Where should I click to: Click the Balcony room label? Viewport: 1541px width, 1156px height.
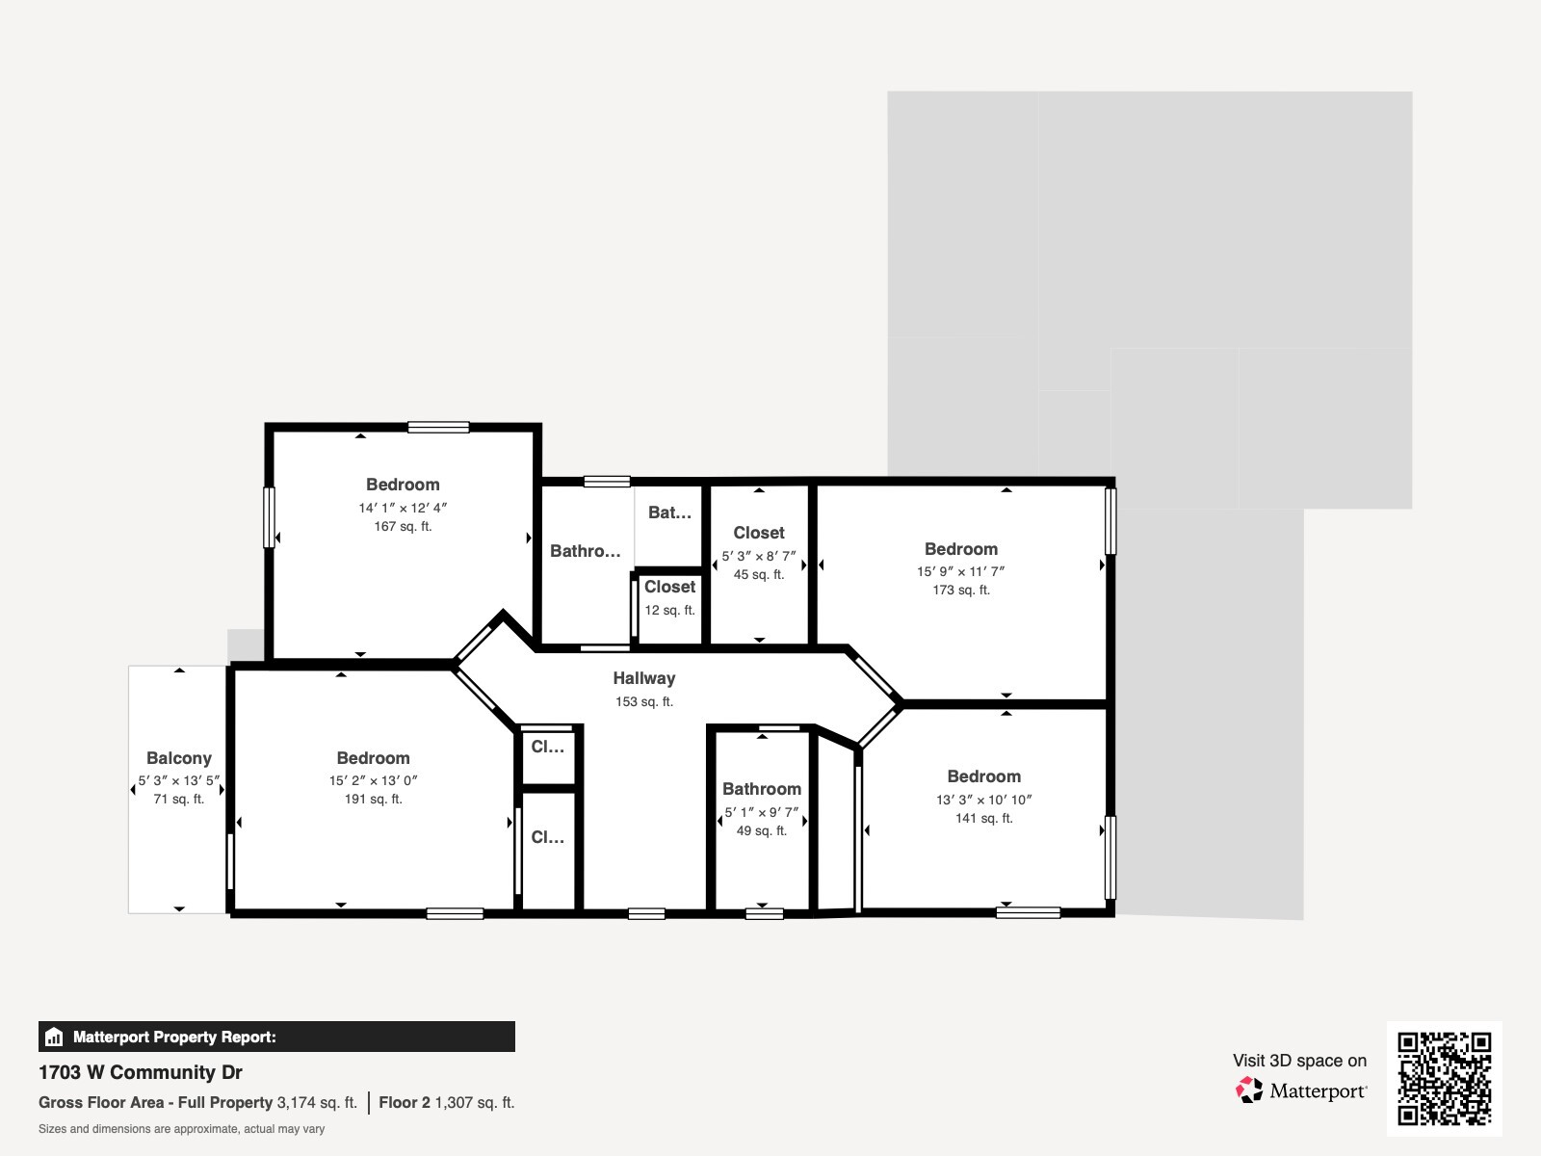point(178,758)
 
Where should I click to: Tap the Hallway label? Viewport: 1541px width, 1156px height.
point(643,678)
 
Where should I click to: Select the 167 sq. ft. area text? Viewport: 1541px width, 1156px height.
point(403,527)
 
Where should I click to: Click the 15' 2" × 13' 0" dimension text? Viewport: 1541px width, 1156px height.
point(373,781)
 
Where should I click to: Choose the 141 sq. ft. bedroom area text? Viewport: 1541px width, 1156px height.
point(983,819)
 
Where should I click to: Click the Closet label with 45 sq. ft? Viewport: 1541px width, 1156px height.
point(758,533)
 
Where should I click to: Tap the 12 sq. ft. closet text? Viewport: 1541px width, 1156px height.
point(669,611)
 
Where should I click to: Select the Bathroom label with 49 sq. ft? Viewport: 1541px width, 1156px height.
point(761,789)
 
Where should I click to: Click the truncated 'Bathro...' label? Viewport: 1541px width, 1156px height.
point(585,551)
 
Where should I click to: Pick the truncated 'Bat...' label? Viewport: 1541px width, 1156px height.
point(669,512)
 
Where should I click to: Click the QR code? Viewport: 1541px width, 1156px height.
point(1444,1078)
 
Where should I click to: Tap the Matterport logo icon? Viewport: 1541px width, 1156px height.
point(1249,1090)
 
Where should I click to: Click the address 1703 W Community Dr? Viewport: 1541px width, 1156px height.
point(141,1072)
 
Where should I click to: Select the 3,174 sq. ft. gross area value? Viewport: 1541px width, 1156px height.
point(317,1103)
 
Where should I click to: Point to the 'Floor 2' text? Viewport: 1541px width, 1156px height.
point(405,1103)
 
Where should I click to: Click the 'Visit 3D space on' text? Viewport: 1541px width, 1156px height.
point(1299,1061)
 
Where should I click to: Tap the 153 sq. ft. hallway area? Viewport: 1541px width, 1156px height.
point(643,702)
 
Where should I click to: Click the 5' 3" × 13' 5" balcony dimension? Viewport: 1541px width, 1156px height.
point(178,781)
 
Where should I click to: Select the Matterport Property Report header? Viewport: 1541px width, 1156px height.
point(174,1038)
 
